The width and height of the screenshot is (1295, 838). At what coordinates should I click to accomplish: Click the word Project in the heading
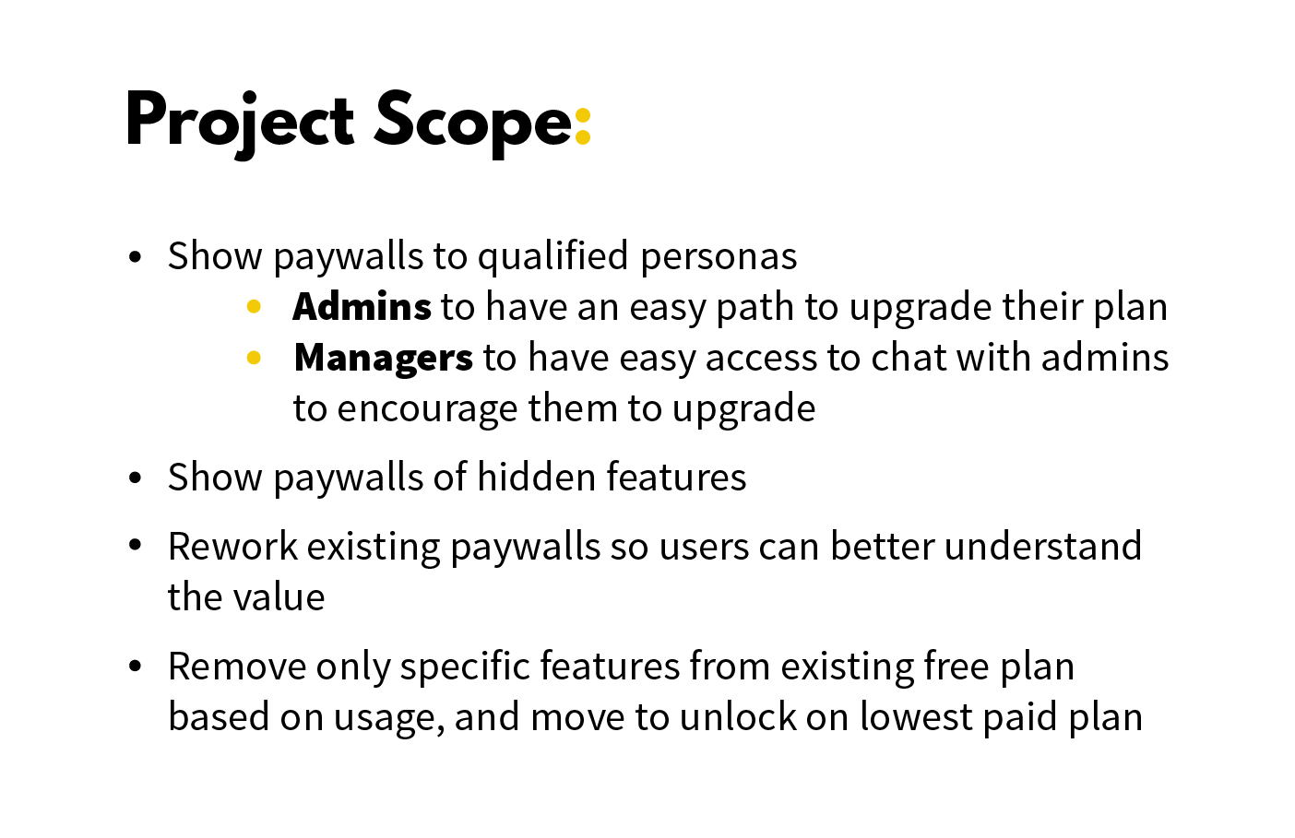239,121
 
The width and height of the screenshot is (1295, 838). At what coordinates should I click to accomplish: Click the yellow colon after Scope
582,126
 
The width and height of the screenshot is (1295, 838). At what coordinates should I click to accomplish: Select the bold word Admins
362,307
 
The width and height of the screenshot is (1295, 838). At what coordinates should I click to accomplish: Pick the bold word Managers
383,358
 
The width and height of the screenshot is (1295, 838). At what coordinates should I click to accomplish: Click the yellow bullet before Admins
255,307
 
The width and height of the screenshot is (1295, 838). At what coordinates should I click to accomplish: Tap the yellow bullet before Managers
255,358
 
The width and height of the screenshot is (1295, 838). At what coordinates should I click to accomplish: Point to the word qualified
552,256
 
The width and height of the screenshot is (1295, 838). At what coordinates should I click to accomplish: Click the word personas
719,256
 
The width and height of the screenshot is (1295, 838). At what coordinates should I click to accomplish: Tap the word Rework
232,547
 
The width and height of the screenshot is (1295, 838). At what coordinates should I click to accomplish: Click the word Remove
236,667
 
